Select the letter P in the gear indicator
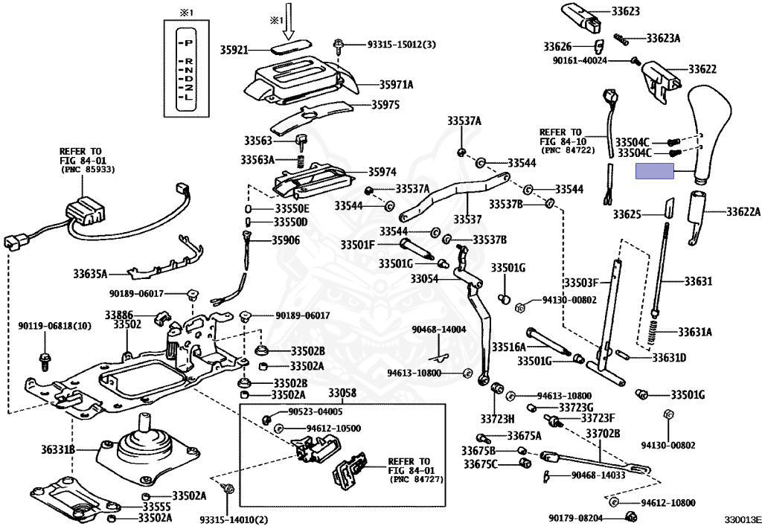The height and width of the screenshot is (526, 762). coord(189,43)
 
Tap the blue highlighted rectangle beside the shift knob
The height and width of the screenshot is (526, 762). coord(654,173)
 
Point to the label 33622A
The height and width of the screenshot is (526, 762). coord(743,212)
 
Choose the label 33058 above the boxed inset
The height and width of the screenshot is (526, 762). coord(342,393)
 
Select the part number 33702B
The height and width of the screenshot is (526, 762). coord(602,433)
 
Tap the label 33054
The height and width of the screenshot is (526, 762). coord(425,278)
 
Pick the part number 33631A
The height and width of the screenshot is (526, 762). coord(694,332)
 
